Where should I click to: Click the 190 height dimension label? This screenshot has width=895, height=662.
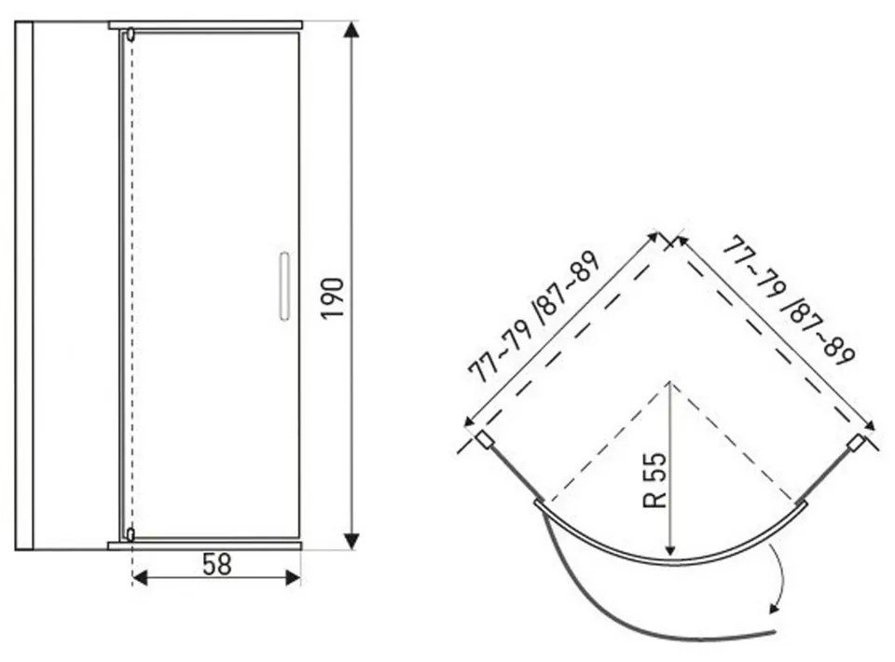(333, 298)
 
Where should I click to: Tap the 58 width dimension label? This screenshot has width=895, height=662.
(217, 564)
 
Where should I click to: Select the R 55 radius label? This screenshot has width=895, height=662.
(654, 480)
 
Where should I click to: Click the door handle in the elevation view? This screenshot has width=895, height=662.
(283, 286)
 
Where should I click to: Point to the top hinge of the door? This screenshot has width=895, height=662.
(131, 34)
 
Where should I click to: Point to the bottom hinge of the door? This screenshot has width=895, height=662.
(131, 534)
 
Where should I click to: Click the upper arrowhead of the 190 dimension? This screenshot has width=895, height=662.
(352, 30)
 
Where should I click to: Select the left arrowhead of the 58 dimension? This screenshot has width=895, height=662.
(140, 577)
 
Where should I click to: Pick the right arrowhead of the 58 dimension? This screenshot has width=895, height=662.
(293, 577)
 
